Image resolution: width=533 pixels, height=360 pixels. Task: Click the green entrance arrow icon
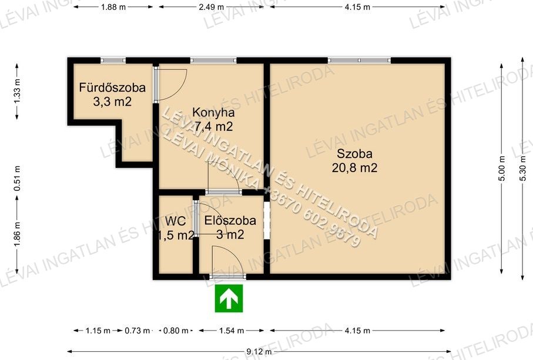[229, 298]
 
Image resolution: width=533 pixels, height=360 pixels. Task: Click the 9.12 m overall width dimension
[259, 352]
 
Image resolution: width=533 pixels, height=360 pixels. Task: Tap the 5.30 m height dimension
[523, 169]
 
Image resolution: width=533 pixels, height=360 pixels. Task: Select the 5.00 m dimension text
[502, 169]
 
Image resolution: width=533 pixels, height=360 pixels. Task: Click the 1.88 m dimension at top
[113, 7]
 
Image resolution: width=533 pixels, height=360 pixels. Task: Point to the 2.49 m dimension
[212, 7]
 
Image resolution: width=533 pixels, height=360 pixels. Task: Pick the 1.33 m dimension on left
[18, 91]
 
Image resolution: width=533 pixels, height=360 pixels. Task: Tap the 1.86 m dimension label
[18, 234]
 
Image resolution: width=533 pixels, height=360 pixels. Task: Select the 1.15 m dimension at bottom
[98, 331]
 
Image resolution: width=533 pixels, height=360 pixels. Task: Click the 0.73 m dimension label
[138, 331]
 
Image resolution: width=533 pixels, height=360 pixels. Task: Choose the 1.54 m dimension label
[232, 331]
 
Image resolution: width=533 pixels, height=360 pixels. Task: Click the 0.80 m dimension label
[176, 331]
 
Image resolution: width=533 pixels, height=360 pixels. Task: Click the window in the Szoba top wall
[359, 60]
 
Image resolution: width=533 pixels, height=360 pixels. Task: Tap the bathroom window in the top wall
[113, 60]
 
